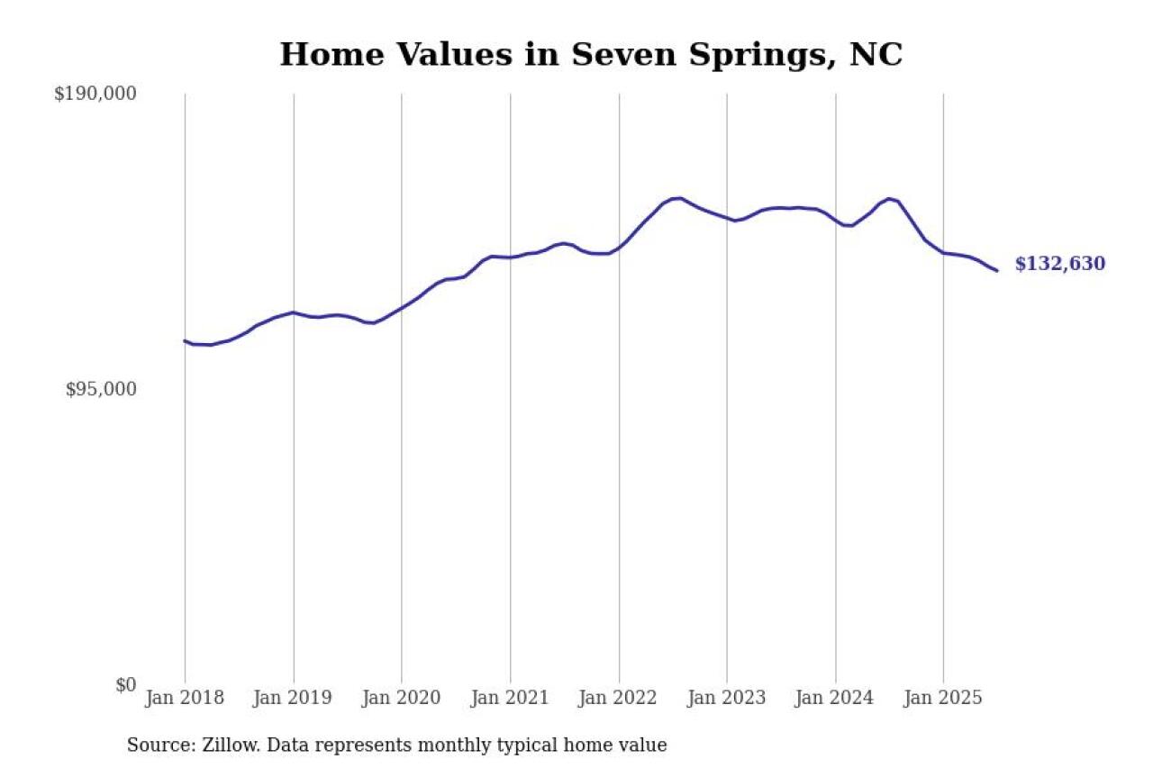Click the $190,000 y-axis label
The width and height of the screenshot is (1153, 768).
(95, 94)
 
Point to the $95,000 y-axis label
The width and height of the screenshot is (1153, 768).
(100, 389)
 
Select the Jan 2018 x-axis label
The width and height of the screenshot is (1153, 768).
(185, 699)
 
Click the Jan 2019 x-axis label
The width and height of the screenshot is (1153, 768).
(293, 699)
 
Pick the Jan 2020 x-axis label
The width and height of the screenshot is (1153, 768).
(402, 699)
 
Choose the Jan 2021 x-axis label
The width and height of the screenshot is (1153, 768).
(510, 699)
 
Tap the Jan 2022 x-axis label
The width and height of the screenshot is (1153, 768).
(619, 699)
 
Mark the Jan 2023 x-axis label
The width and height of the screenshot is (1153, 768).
(727, 699)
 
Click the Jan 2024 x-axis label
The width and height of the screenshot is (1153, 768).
(836, 699)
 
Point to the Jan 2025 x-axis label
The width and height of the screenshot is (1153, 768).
(944, 699)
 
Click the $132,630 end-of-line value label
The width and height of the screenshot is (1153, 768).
(1059, 264)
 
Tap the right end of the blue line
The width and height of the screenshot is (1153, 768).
(996, 270)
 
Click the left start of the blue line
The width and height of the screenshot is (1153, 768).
(185, 340)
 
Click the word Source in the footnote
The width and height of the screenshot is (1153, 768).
(156, 745)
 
